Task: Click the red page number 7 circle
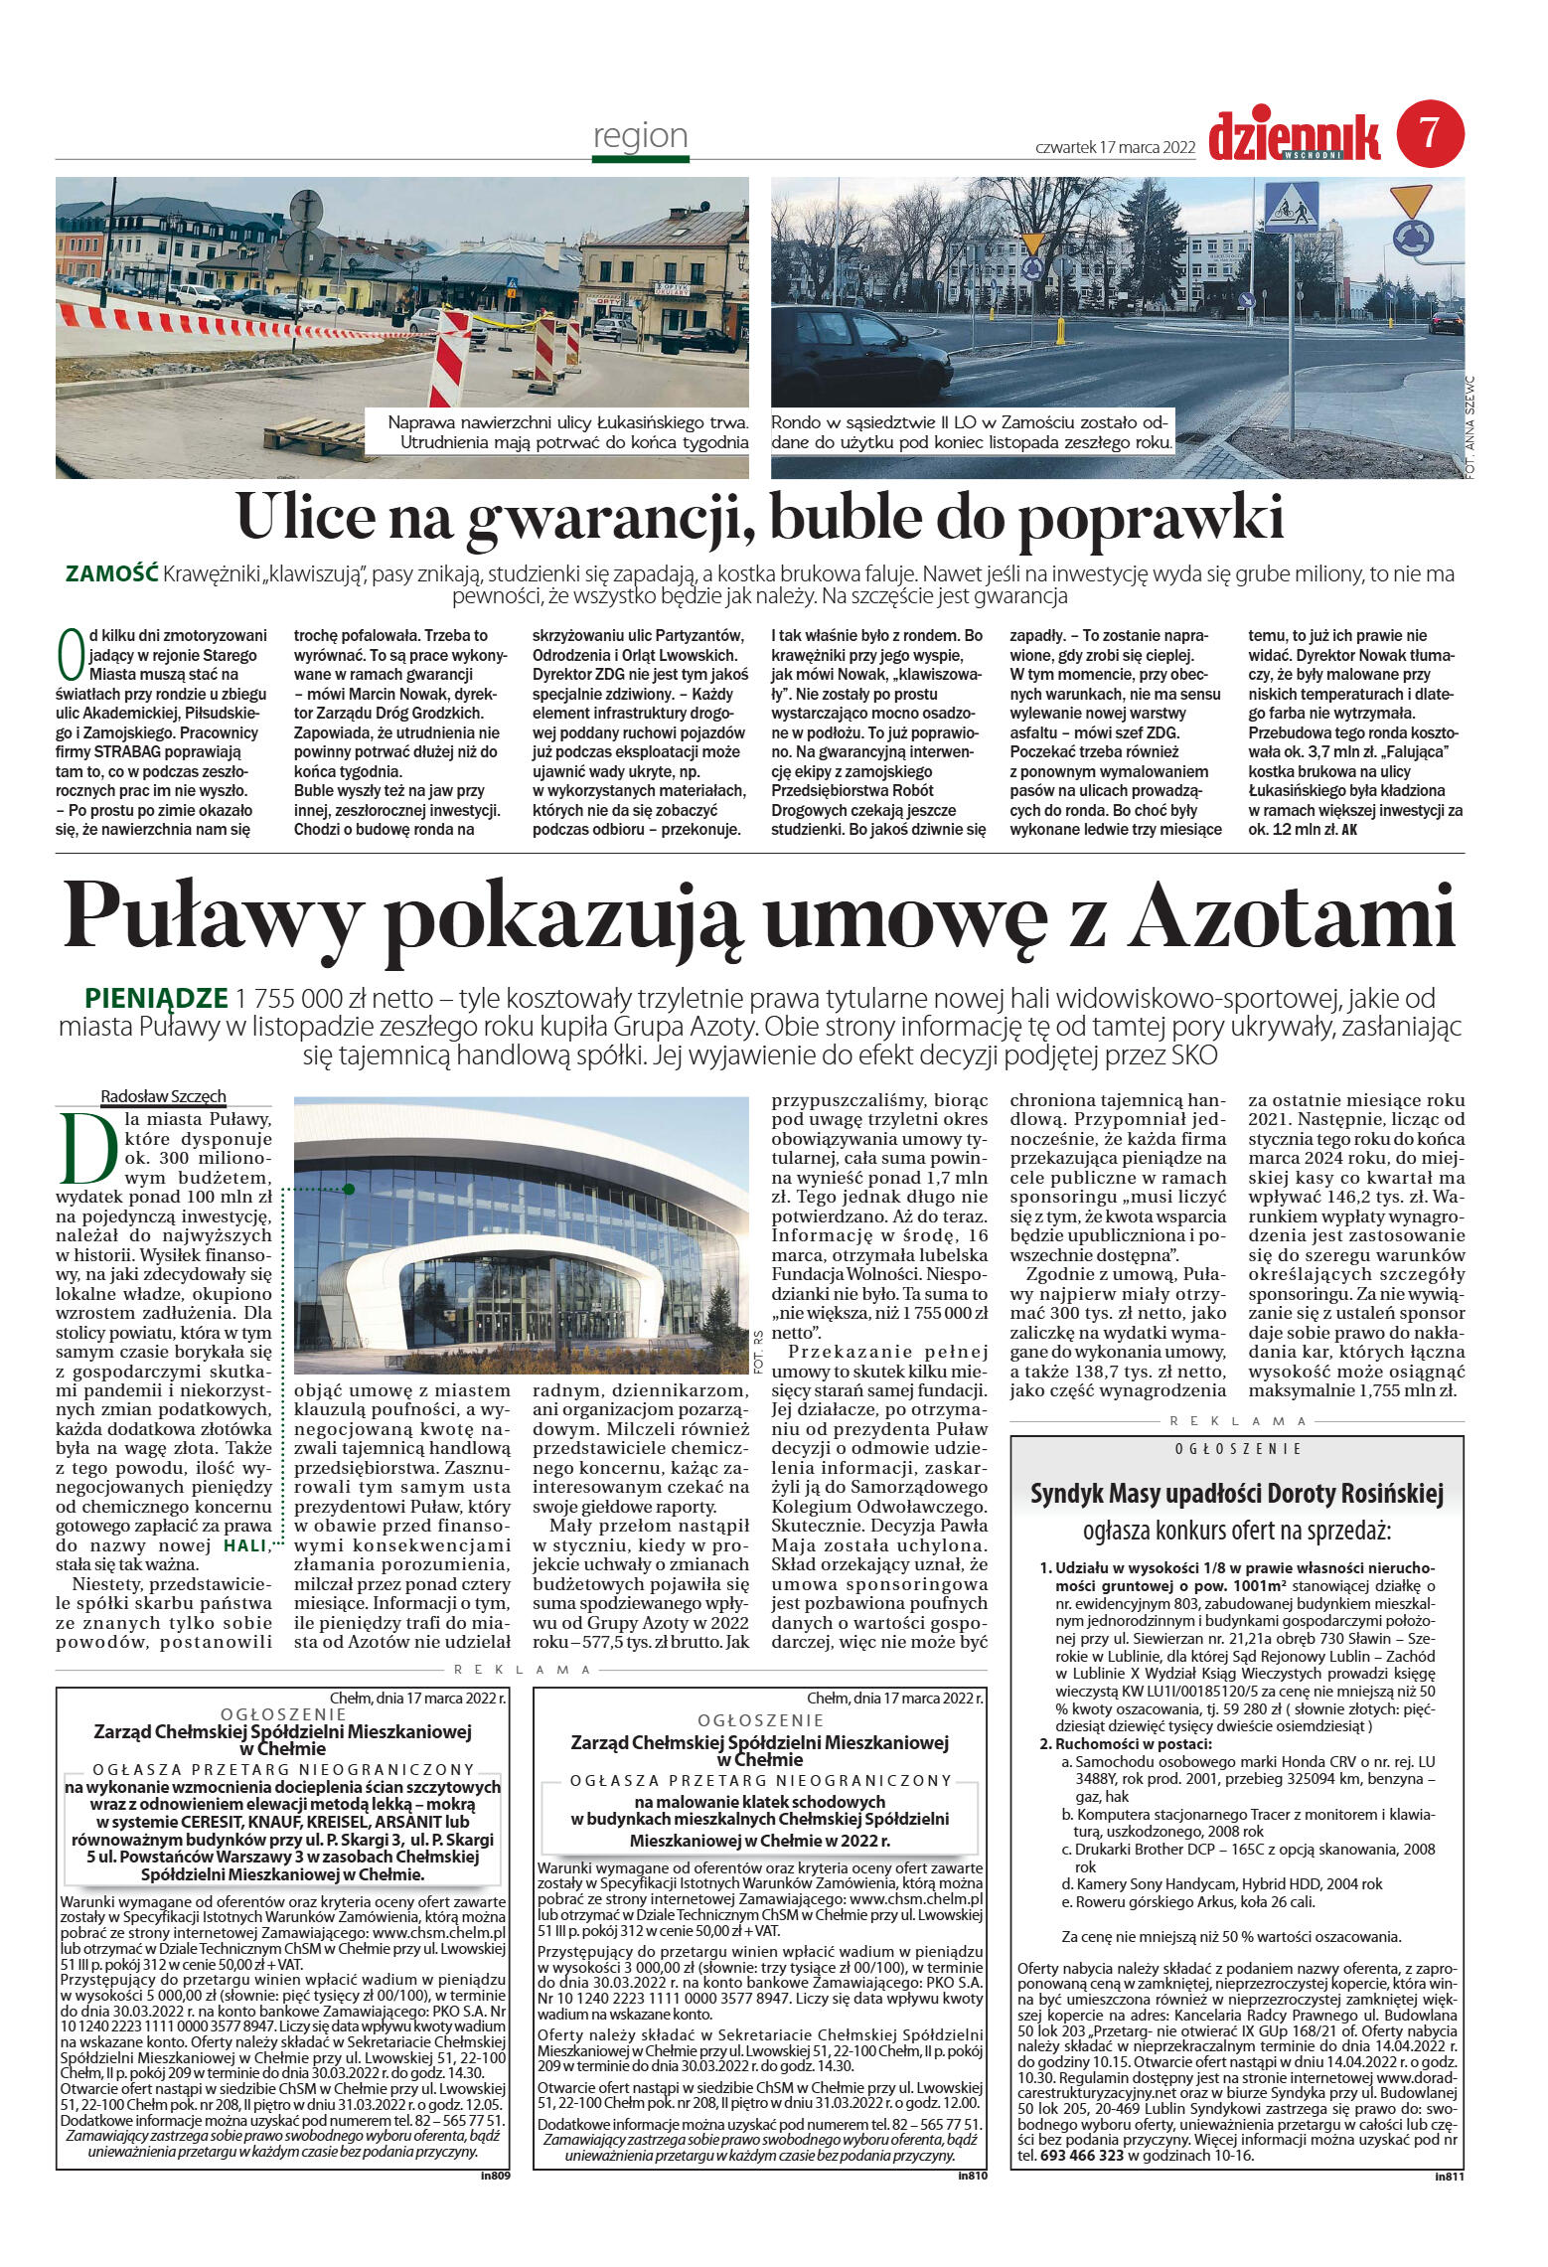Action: [1430, 133]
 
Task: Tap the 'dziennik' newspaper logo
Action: [1294, 136]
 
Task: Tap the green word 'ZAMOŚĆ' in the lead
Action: [111, 573]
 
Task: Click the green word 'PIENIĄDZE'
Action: [157, 997]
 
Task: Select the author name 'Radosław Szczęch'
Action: [163, 1096]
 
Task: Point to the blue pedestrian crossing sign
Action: [1290, 207]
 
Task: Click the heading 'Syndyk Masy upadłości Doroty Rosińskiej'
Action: [1236, 1494]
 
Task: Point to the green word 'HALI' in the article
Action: [244, 1545]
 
